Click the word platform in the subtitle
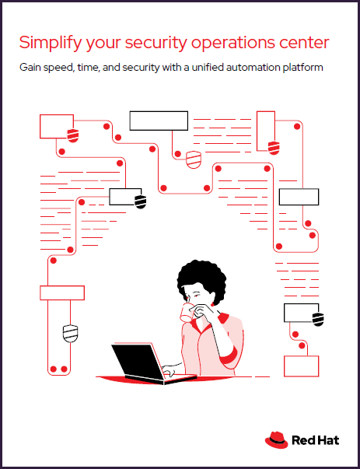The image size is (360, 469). click(302, 68)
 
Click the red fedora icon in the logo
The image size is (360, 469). click(276, 440)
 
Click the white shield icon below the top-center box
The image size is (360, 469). click(194, 159)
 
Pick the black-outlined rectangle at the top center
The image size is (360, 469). click(159, 121)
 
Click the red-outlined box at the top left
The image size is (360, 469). click(55, 124)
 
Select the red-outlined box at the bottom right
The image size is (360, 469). click(302, 366)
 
